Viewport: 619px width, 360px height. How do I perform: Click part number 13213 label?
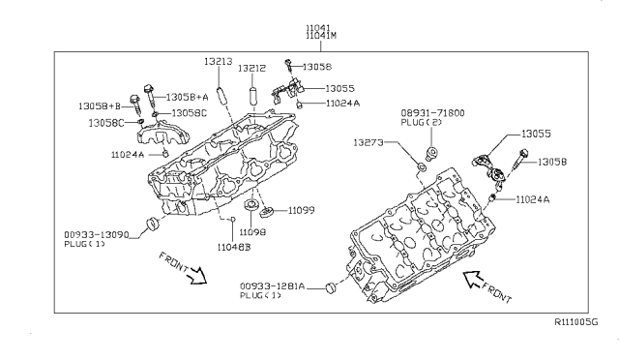(x=219, y=62)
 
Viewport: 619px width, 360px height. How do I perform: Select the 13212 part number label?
(x=251, y=69)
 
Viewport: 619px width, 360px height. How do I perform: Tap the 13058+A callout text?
(x=187, y=97)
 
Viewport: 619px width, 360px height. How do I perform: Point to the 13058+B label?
(x=100, y=106)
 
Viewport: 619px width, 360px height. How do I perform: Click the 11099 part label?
(x=301, y=210)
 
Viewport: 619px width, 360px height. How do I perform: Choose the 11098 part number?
(x=252, y=232)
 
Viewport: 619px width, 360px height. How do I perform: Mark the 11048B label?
(x=234, y=248)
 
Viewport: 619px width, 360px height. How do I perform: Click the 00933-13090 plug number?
(x=97, y=235)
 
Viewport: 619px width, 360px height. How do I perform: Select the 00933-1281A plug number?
(x=273, y=286)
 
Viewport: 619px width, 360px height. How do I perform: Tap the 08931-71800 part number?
(x=432, y=113)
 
